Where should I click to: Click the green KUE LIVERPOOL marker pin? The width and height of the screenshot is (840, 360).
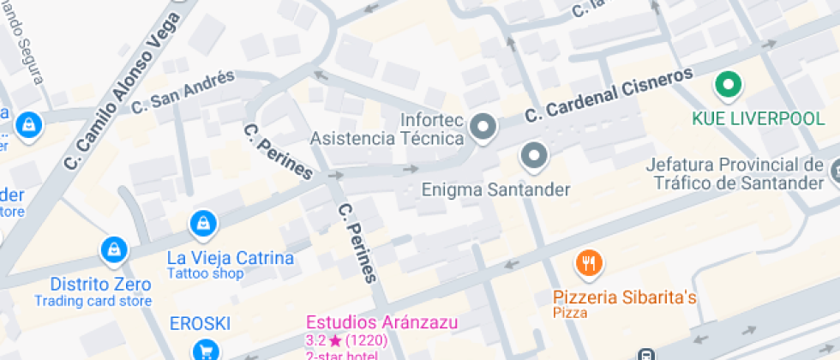(x=729, y=84)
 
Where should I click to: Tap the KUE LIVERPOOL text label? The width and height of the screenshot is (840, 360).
(x=758, y=118)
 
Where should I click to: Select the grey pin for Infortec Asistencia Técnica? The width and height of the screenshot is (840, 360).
(x=484, y=128)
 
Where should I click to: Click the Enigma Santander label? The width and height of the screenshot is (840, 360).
(x=495, y=189)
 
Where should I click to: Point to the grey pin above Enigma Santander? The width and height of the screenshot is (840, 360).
(x=534, y=155)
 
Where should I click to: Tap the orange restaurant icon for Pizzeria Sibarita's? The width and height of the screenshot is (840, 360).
(x=588, y=263)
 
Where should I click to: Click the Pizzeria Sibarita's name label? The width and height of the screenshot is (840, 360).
(x=624, y=297)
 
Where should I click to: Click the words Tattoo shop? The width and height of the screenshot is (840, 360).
(x=205, y=274)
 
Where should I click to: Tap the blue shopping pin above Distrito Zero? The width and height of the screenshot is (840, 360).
(x=113, y=250)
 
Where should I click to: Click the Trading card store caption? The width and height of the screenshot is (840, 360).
(x=93, y=301)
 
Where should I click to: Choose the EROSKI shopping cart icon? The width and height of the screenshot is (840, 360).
(x=205, y=350)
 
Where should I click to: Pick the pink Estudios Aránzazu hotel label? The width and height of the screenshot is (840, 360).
(x=382, y=323)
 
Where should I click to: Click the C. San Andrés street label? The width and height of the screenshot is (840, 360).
(x=183, y=91)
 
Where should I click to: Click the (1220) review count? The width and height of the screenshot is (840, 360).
(x=365, y=340)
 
